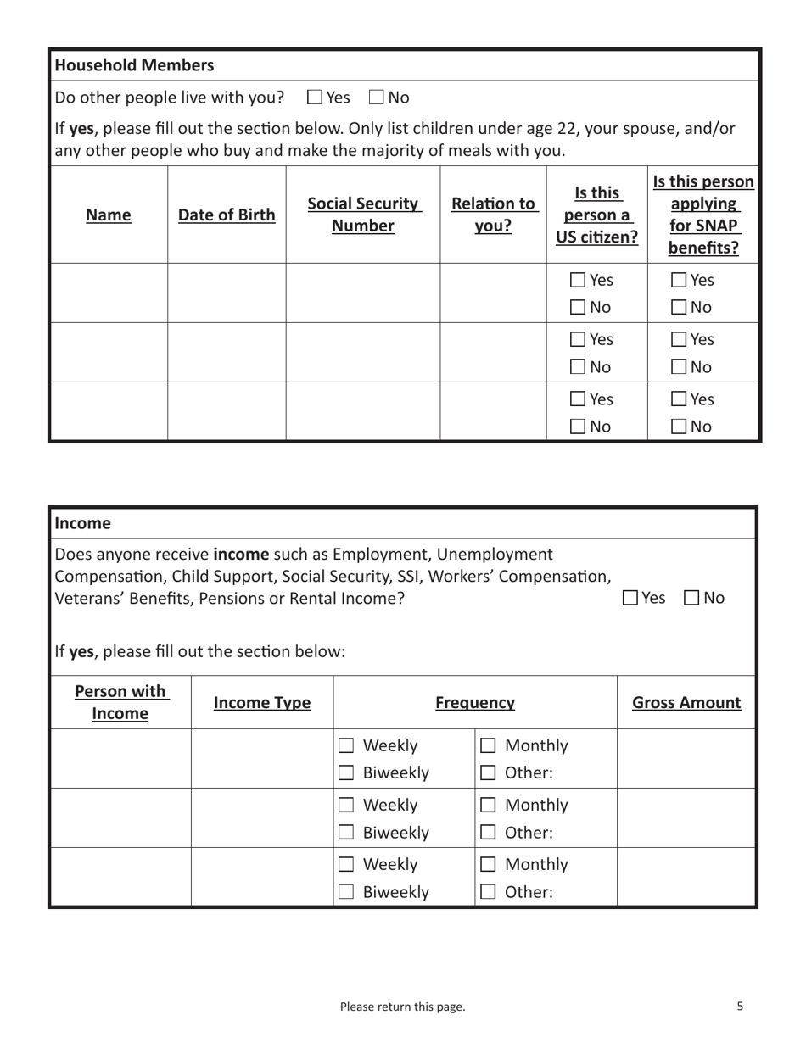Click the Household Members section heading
pos(135,65)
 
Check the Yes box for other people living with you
pos(315,98)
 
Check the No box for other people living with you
pos(377,98)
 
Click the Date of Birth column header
pos(226,215)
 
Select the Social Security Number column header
pos(363,215)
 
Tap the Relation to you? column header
pos(493,215)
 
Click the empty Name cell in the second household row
pos(108,353)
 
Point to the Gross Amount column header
pos(686,703)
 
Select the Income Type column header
pos(262,703)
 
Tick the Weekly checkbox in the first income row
pos(346,746)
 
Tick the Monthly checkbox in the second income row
pos(488,806)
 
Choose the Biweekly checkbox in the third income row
pos(346,892)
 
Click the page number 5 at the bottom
pos(740,1007)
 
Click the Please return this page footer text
pos(402,1007)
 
